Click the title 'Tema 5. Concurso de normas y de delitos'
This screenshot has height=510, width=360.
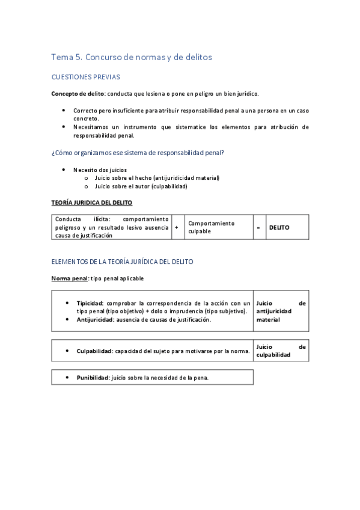[x=132, y=57]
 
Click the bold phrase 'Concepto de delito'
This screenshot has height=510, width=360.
[x=78, y=94]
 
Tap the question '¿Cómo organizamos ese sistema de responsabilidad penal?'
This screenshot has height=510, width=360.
[x=138, y=153]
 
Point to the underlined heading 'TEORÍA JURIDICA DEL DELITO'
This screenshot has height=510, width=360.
[x=92, y=203]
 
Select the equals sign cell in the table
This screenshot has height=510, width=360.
[x=258, y=228]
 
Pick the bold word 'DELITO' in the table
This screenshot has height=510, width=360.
[x=279, y=228]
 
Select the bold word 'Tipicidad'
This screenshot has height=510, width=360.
[x=90, y=303]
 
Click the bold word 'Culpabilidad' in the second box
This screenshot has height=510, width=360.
[x=94, y=351]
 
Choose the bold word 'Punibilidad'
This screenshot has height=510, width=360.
[x=93, y=378]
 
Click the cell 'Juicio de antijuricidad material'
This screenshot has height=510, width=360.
[x=281, y=312]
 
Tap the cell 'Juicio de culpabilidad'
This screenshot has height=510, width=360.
[x=281, y=351]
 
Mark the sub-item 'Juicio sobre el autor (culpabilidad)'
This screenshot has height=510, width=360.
[x=141, y=186]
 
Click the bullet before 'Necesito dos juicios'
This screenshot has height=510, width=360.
[x=64, y=170]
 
